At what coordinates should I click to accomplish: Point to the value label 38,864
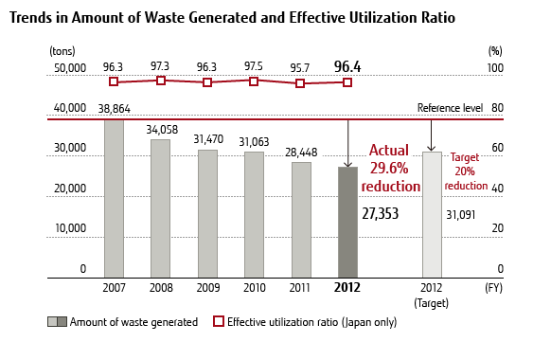pyautogui.click(x=114, y=110)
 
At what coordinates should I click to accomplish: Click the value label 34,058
pyautogui.click(x=161, y=129)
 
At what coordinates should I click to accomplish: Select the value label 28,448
pyautogui.click(x=301, y=152)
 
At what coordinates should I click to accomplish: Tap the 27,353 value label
pyautogui.click(x=386, y=215)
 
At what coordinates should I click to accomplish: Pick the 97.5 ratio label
pyautogui.click(x=254, y=66)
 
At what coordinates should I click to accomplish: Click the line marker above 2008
pyautogui.click(x=161, y=81)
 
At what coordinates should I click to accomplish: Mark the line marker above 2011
pyautogui.click(x=301, y=83)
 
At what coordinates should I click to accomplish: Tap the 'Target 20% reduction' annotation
pyautogui.click(x=469, y=171)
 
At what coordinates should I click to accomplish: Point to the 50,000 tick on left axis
pyautogui.click(x=70, y=68)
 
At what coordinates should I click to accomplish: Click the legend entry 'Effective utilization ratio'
pyautogui.click(x=302, y=322)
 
